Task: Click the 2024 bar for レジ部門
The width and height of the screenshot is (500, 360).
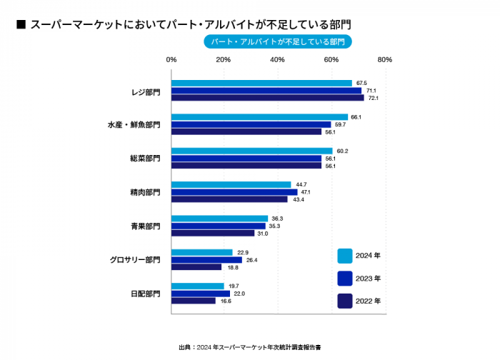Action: tap(261, 84)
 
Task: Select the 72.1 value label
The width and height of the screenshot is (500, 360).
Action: tap(372, 98)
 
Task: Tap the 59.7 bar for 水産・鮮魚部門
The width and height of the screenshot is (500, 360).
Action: tap(251, 124)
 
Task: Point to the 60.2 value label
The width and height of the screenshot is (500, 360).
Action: tap(342, 151)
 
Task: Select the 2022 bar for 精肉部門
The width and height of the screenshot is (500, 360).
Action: tap(229, 199)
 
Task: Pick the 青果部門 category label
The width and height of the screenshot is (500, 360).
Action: tap(145, 226)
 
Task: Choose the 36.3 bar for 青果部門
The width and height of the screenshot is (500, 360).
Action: tap(219, 219)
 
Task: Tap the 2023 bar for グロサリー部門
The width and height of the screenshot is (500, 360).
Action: tap(206, 260)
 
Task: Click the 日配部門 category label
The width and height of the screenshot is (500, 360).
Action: tap(145, 294)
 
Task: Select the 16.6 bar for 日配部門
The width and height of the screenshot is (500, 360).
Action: tap(194, 301)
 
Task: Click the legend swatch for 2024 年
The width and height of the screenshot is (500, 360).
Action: tap(345, 256)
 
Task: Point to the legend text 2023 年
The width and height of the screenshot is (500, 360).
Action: tap(368, 279)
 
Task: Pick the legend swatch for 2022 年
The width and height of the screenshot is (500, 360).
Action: tap(345, 301)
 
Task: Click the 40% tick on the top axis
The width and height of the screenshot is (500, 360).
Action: tap(278, 60)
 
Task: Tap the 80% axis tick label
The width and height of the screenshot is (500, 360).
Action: tap(385, 60)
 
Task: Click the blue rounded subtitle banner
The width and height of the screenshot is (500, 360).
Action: tap(278, 42)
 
